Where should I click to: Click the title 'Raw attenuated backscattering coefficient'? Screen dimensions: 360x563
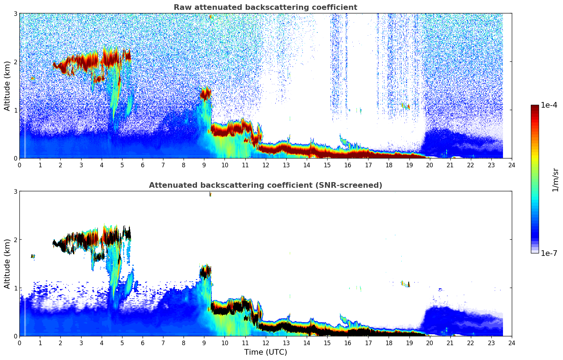pyautogui.click(x=265, y=7)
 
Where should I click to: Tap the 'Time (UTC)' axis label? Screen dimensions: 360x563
pyautogui.click(x=265, y=352)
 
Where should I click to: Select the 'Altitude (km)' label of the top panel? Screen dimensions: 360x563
pyautogui.click(x=7, y=86)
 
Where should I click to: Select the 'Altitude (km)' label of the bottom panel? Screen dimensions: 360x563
pyautogui.click(x=7, y=264)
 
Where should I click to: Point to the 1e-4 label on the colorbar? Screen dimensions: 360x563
pyautogui.click(x=549, y=105)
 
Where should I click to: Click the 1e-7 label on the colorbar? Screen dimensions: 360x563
pyautogui.click(x=549, y=253)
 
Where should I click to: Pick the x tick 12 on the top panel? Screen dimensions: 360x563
pyautogui.click(x=266, y=165)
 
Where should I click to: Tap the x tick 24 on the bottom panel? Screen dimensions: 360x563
pyautogui.click(x=511, y=343)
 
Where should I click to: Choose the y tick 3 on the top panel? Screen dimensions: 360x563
pyautogui.click(x=16, y=13)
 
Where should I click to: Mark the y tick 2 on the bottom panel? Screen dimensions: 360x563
pyautogui.click(x=16, y=240)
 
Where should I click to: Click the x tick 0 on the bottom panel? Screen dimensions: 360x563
pyautogui.click(x=19, y=343)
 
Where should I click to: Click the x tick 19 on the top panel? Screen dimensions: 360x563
pyautogui.click(x=409, y=165)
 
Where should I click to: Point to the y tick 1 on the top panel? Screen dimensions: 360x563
pyautogui.click(x=16, y=110)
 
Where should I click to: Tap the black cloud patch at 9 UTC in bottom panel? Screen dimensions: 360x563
pyautogui.click(x=205, y=272)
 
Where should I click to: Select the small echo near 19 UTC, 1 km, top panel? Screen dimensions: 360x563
pyautogui.click(x=408, y=107)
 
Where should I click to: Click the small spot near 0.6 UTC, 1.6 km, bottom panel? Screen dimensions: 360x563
pyautogui.click(x=32, y=256)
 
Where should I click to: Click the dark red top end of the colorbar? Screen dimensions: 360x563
pyautogui.click(x=535, y=107)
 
